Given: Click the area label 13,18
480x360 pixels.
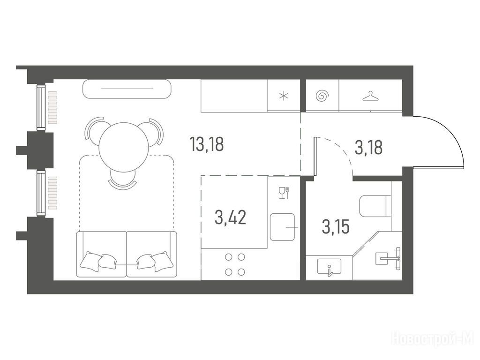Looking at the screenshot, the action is (x=207, y=144).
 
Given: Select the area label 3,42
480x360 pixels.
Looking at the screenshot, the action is (x=231, y=217).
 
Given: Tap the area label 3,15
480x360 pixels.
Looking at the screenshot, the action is (x=336, y=227).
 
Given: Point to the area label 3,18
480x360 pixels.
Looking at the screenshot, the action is (x=368, y=148).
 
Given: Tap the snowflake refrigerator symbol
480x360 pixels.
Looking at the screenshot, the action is (x=284, y=96).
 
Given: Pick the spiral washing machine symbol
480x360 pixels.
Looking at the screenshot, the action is (x=322, y=96).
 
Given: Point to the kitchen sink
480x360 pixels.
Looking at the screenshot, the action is (x=282, y=227).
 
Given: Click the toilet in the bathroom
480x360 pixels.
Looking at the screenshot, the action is (x=375, y=206).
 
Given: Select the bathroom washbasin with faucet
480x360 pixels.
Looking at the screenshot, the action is (x=330, y=266).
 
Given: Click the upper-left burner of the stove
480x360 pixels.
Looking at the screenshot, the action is (x=228, y=257).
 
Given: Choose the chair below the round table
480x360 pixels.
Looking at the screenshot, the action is (x=122, y=179).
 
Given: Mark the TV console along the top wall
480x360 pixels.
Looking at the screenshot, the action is (x=127, y=89).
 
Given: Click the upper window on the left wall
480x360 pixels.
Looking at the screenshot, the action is (x=41, y=107).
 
